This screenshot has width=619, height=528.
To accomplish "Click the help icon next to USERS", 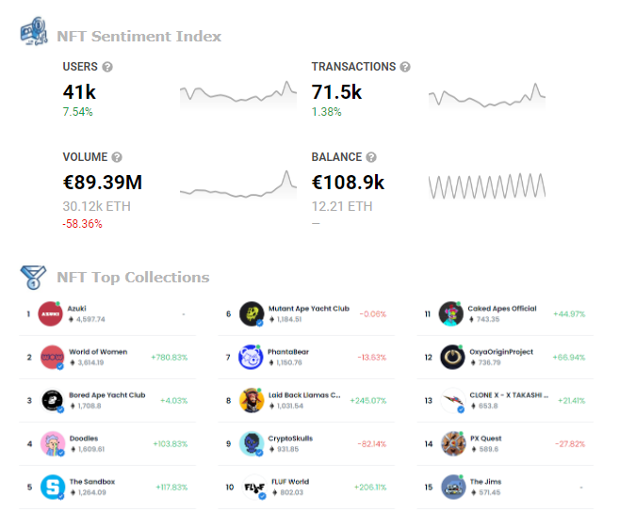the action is pos(107,67).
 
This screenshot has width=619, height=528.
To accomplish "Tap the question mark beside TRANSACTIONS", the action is pos(405,67).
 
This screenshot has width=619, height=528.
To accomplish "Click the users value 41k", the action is pos(79,92).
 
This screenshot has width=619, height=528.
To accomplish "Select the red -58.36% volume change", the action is pos(82,224).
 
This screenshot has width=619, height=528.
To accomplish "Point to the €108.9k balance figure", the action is pos(348,183).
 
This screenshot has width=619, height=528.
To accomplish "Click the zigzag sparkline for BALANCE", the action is pos(487,185).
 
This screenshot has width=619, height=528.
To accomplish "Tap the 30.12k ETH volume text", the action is pos(97,206).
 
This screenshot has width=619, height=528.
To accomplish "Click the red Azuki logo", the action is pos(50,313).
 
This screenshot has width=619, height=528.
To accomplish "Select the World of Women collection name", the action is pos(98,352).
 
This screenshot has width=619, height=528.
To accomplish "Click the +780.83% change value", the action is pos(169,358).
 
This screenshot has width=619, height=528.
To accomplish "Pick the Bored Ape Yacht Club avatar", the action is pos(53,401).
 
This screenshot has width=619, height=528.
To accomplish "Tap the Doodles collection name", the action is pos(84,438).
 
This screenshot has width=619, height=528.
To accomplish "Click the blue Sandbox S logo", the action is pos(53,487).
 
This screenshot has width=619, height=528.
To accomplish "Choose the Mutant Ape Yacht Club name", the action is pos(309,309).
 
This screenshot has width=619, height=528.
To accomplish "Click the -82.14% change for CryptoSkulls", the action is pos(372,444).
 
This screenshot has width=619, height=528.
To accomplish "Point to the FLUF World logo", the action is pos(253,488).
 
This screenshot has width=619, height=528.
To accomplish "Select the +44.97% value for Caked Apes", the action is pos(569,313).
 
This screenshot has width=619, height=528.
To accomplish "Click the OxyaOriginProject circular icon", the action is pos(453,358).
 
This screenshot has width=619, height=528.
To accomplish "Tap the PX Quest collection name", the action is pos(486,438).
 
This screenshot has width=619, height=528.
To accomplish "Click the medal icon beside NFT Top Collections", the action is pos(33,278).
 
